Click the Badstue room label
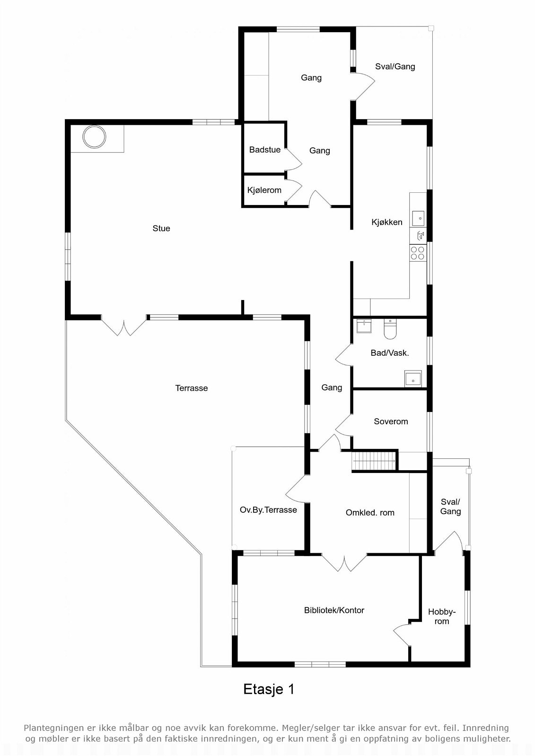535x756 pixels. tap(265, 150)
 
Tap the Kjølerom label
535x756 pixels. tap(264, 190)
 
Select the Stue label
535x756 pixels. tap(161, 228)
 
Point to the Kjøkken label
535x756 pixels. tap(387, 222)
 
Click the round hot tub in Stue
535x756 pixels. tap(94, 137)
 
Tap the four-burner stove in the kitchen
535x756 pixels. tap(417, 253)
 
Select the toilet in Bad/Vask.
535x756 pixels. tap(390, 329)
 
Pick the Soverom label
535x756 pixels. tap(391, 421)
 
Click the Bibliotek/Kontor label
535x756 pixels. tap(334, 610)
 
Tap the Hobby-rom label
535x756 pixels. tap(442, 617)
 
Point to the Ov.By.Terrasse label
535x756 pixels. tap(268, 510)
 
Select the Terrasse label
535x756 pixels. tap(192, 388)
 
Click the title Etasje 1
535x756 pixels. tap(269, 689)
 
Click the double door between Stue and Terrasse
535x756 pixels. tap(124, 326)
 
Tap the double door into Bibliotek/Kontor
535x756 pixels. tap(344, 562)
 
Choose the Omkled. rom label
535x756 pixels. tap(370, 513)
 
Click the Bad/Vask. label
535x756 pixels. tap(390, 353)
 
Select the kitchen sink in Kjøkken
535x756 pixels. tap(418, 219)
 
